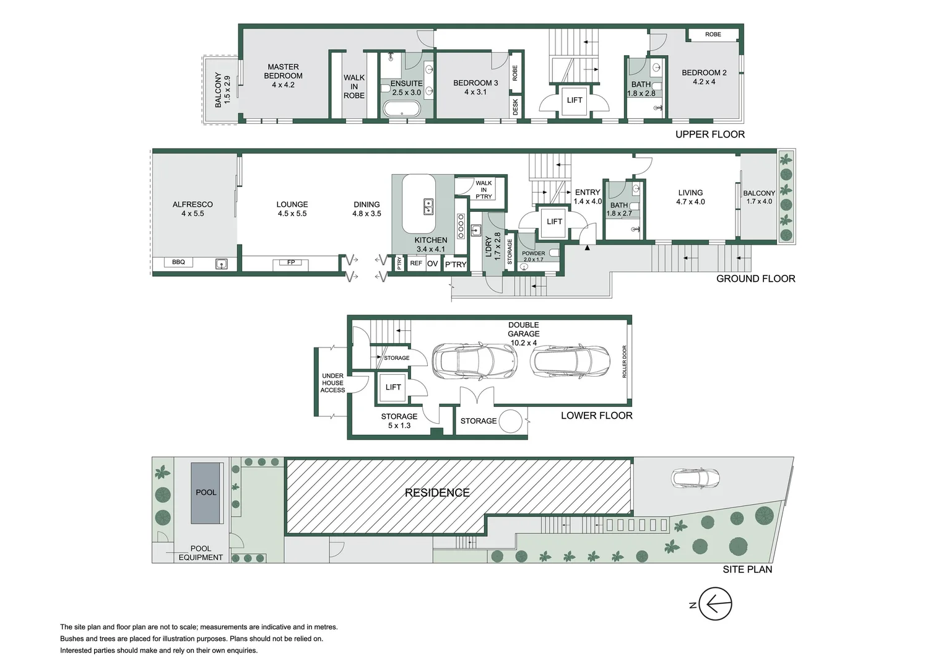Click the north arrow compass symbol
(x=714, y=604)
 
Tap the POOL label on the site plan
(x=206, y=492)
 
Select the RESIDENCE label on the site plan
(x=437, y=492)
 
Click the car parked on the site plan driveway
(x=696, y=478)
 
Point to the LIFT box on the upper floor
(x=575, y=100)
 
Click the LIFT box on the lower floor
(x=393, y=387)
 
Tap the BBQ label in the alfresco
(x=178, y=262)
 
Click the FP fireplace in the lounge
(x=291, y=263)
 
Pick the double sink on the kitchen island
(x=428, y=207)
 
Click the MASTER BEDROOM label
(x=283, y=76)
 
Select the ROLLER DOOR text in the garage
(x=624, y=362)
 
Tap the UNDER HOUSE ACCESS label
(x=332, y=383)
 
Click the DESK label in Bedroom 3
(x=515, y=107)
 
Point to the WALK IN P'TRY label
(x=484, y=190)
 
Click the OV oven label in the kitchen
(x=433, y=263)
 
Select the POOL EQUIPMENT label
(x=201, y=553)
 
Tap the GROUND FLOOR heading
(x=755, y=279)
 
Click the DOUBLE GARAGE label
(x=524, y=333)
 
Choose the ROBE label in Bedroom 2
(x=713, y=35)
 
